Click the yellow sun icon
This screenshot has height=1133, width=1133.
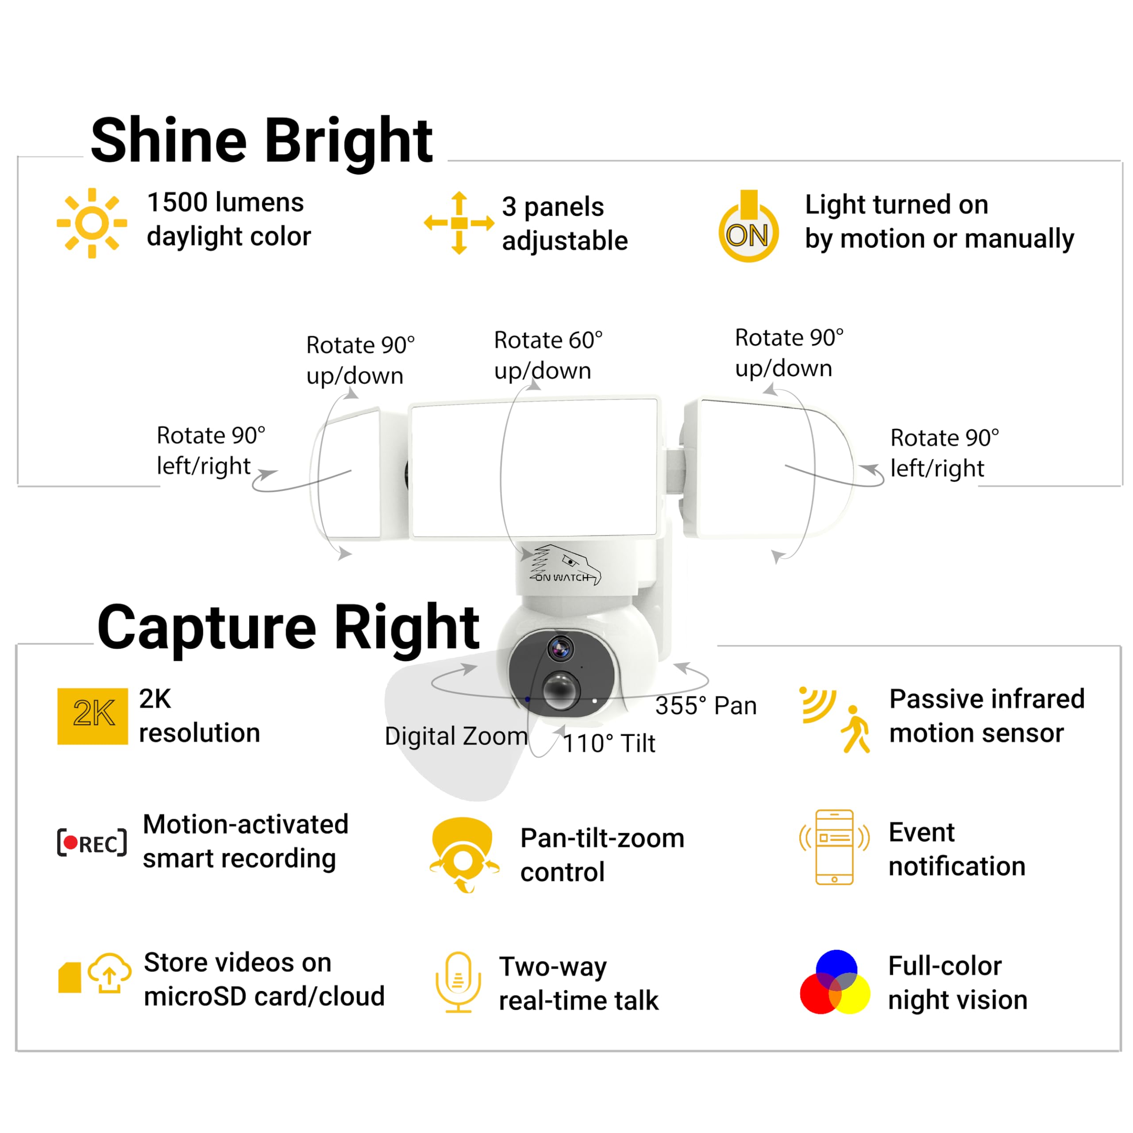[92, 223]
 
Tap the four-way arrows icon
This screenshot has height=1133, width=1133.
[459, 223]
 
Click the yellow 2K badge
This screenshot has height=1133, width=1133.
[92, 716]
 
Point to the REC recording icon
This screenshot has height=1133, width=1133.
[92, 843]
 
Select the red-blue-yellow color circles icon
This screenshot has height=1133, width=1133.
[835, 982]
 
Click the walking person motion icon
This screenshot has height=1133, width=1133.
[856, 729]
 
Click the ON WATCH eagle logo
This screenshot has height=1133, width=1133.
[564, 565]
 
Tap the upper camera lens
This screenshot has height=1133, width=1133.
[560, 649]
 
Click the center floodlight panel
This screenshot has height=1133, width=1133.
[534, 467]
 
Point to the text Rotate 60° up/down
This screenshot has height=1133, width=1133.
[548, 355]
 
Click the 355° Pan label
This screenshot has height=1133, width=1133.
[705, 706]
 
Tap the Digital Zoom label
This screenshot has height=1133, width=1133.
[456, 736]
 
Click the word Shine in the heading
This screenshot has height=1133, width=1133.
[169, 141]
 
